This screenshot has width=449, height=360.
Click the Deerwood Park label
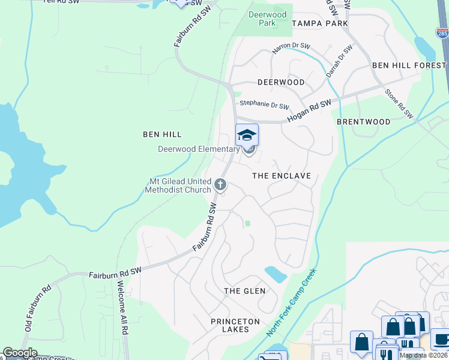point(263,18)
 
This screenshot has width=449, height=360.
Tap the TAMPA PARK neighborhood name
point(319,23)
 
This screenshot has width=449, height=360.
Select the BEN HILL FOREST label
point(410,65)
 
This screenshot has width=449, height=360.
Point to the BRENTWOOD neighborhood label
point(363,121)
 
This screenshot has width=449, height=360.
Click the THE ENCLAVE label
point(282,176)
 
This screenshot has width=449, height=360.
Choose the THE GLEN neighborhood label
point(244,291)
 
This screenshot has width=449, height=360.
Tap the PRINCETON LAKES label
point(235,326)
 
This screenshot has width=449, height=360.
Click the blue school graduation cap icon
point(247,135)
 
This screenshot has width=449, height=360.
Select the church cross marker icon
point(220,184)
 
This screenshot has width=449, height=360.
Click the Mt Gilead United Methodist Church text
point(178,185)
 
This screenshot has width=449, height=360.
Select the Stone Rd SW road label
point(399,103)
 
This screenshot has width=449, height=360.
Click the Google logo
point(20,353)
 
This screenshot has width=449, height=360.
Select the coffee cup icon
point(441,339)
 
